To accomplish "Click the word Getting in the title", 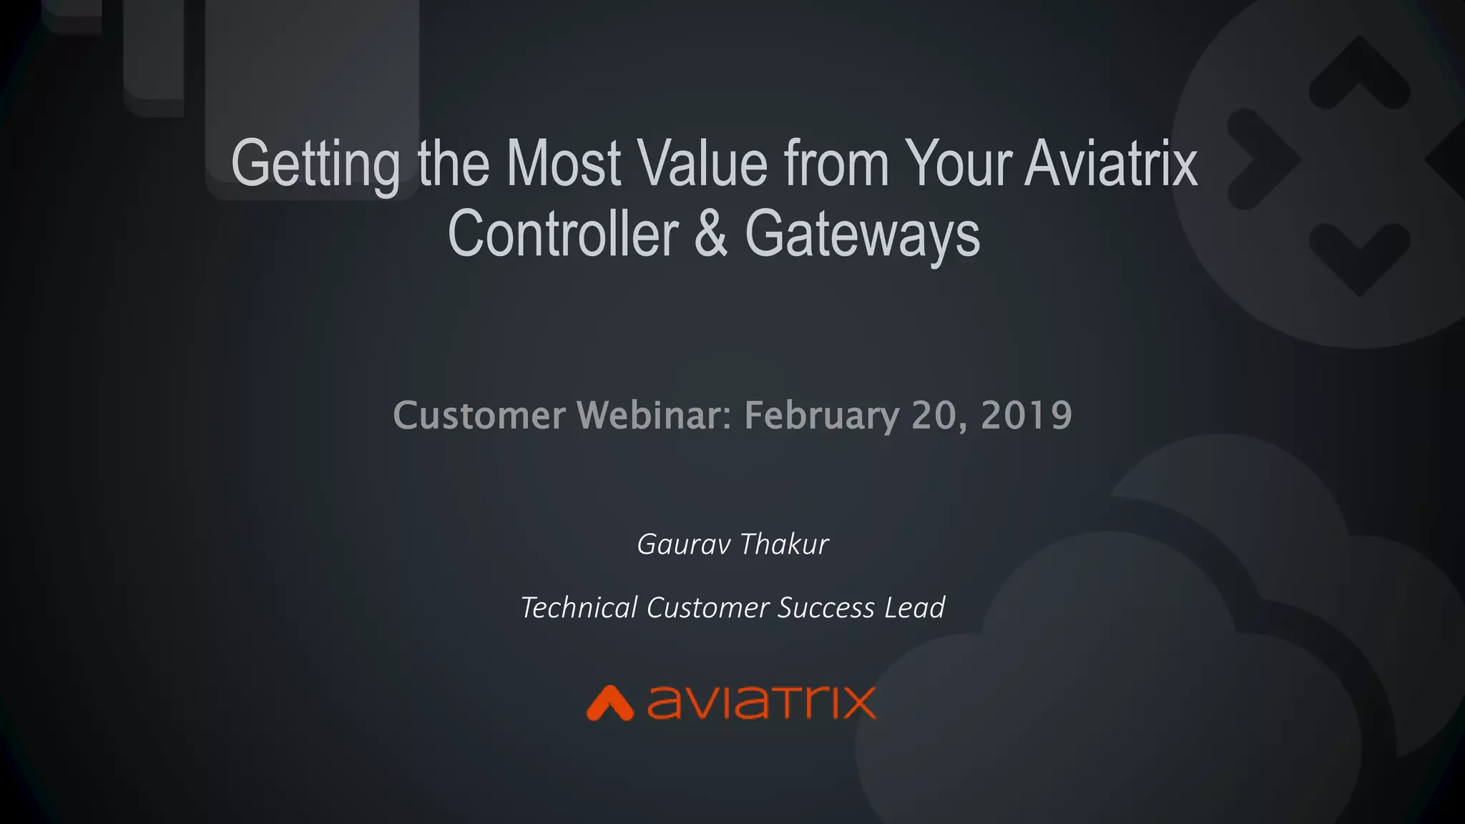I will (315, 166).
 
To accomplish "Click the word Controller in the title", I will (563, 234).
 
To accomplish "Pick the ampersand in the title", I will (711, 234).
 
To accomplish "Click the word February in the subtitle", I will (821, 416).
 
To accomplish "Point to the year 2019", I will (1027, 415).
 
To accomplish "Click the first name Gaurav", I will (683, 544).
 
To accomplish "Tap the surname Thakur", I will (784, 544).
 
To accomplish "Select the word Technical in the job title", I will (579, 608).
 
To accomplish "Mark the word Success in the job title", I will (826, 608).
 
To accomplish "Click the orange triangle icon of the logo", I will (609, 703).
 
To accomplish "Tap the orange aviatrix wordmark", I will (761, 702).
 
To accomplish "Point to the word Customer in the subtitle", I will (479, 416).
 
